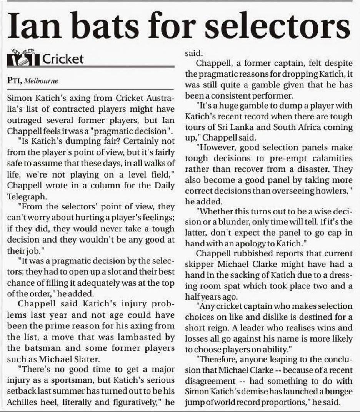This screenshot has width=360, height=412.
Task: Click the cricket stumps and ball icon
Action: (23, 58)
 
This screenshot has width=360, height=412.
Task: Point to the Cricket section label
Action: (62, 59)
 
